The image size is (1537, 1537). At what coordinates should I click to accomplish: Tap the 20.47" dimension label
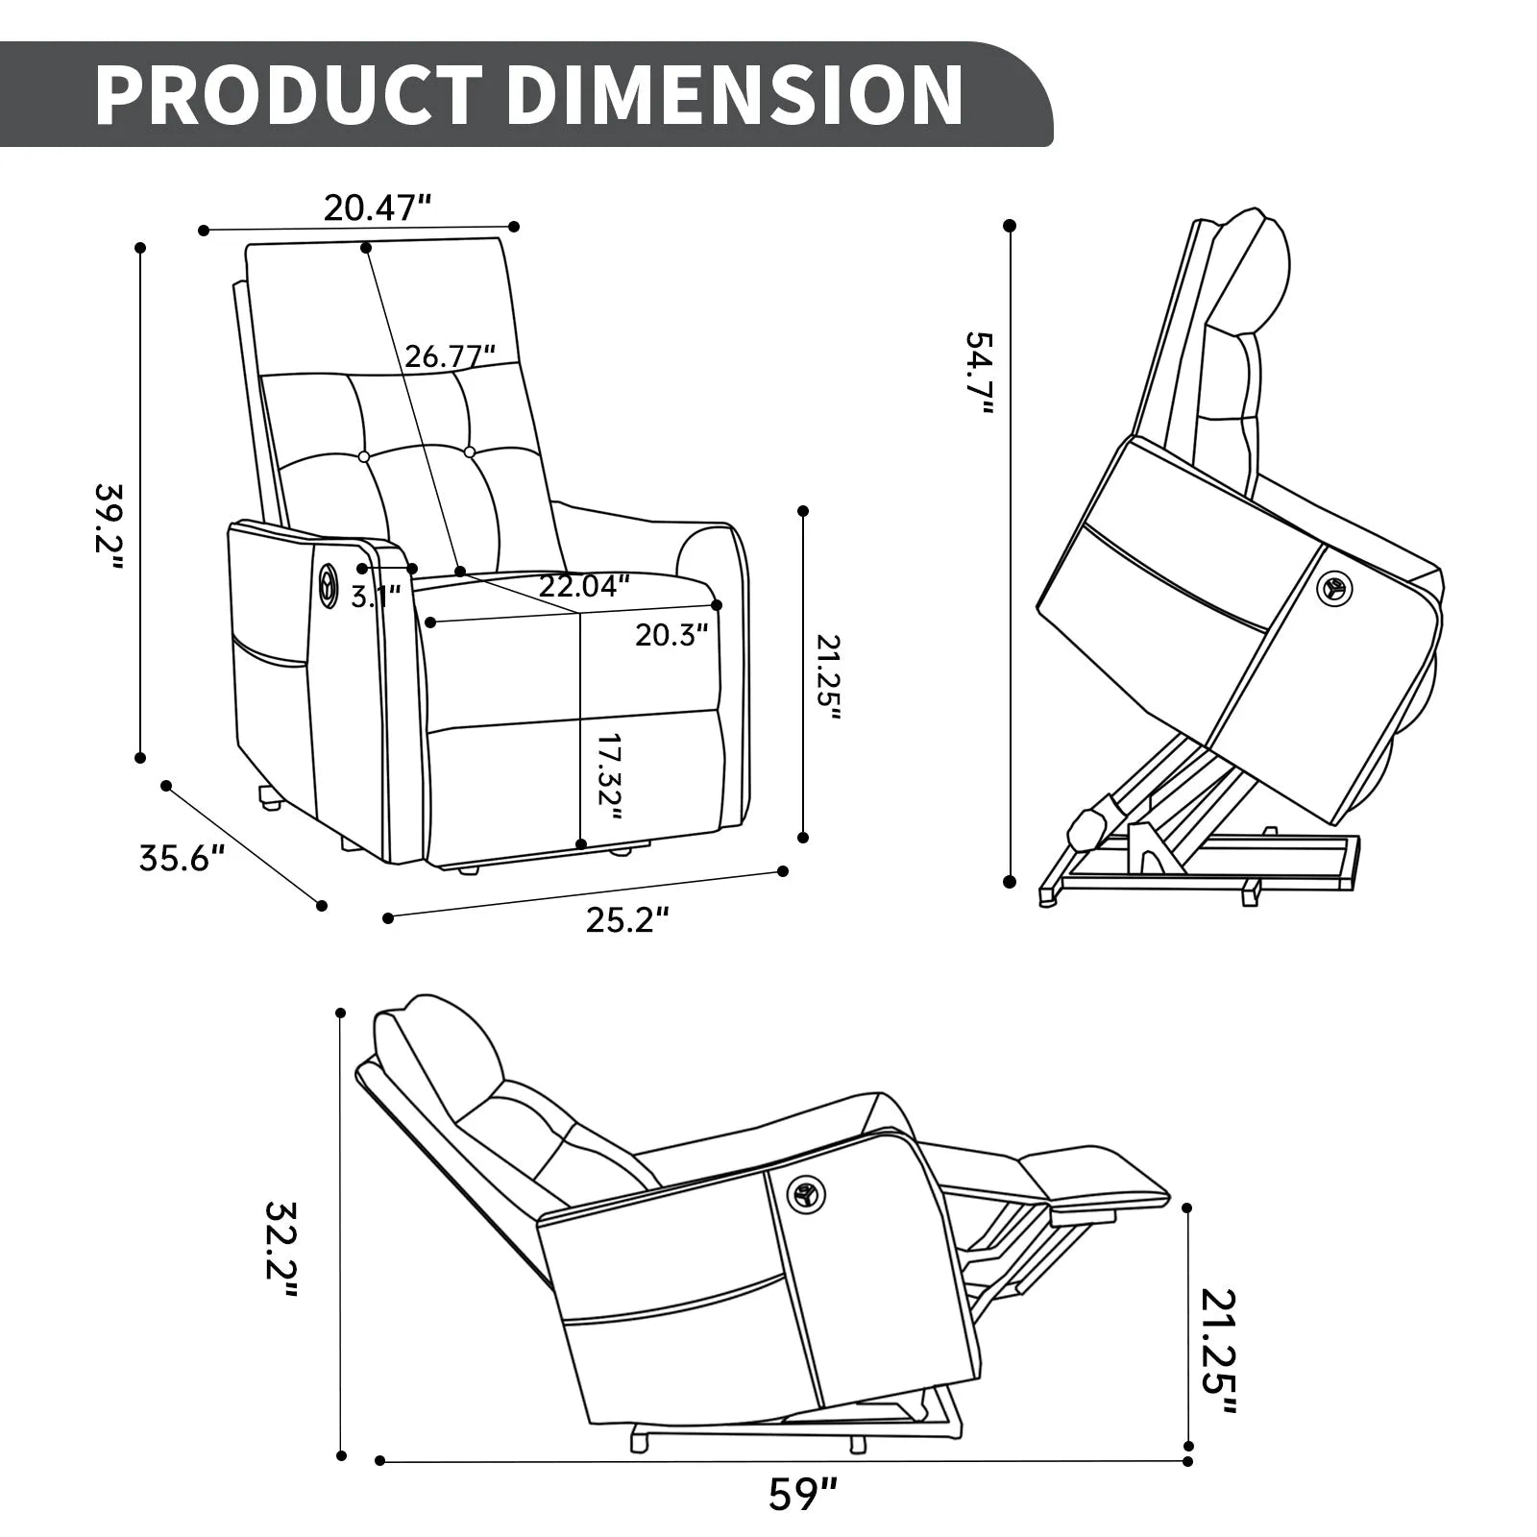coord(378,207)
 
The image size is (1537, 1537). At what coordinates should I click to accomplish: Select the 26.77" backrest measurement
coord(450,356)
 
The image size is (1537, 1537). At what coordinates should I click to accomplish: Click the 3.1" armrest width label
coord(375,597)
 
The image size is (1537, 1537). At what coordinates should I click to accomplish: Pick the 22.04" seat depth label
coord(584,585)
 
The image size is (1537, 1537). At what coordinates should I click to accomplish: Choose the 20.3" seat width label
coord(671,634)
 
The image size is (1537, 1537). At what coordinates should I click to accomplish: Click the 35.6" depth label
coord(183,857)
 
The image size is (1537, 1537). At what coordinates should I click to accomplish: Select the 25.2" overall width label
coord(626,920)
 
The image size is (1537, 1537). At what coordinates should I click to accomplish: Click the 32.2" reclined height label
coord(281,1248)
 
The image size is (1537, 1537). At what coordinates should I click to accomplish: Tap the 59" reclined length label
coord(803,1495)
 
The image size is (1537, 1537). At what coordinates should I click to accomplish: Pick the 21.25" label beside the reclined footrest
coord(1218,1351)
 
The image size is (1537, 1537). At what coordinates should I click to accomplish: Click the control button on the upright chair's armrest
coord(329,585)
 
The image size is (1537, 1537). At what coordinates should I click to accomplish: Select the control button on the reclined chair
coord(805,1195)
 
